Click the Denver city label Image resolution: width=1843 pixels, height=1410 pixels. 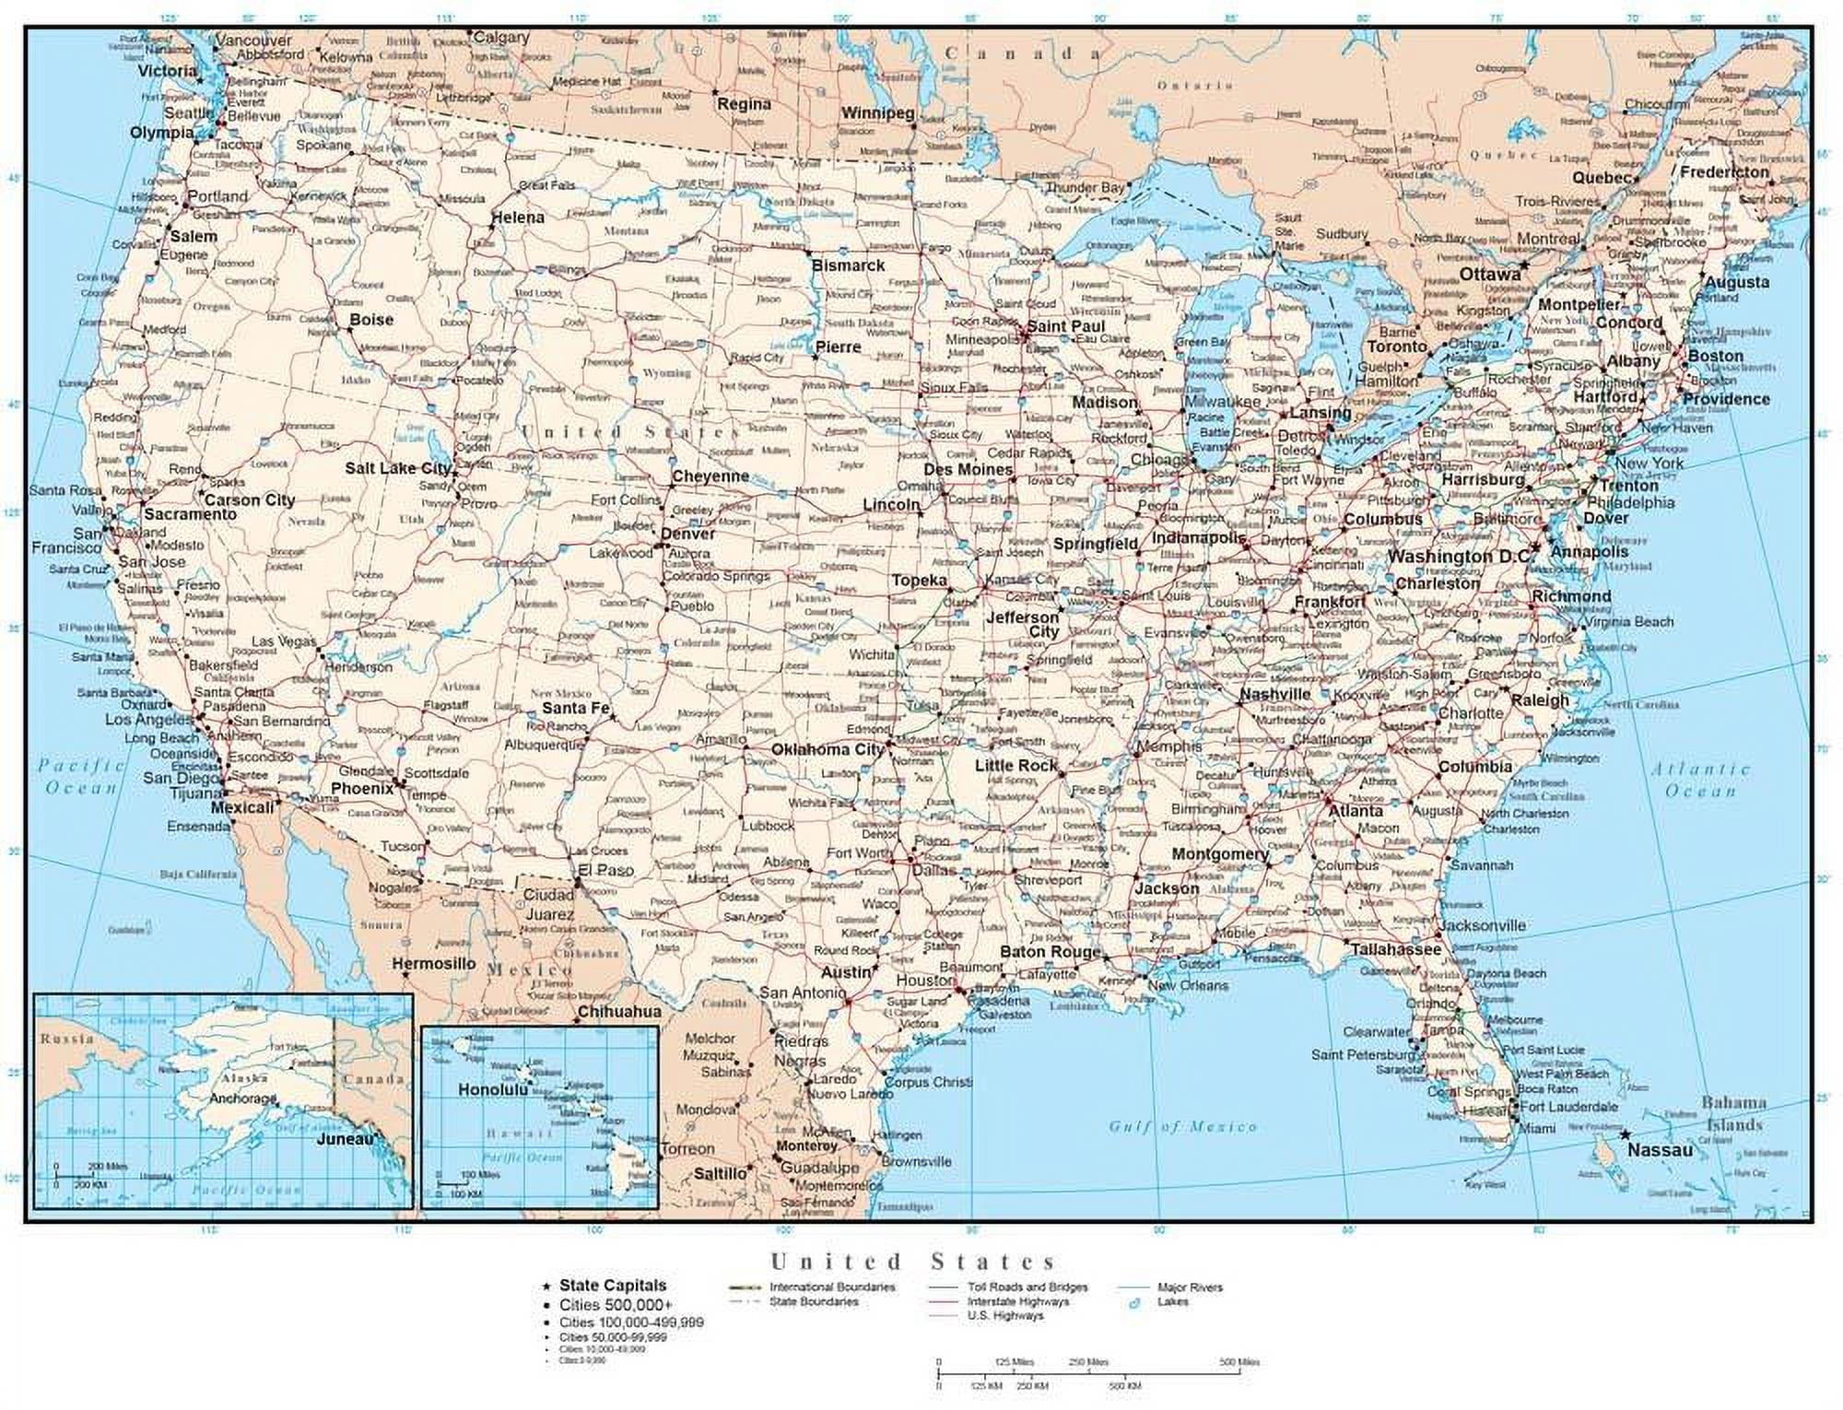pyautogui.click(x=687, y=534)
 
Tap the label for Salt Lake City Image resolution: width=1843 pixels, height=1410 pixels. pyautogui.click(x=397, y=468)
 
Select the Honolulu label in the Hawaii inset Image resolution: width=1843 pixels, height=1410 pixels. pyautogui.click(x=493, y=1089)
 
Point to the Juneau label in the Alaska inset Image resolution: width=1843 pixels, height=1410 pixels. pyautogui.click(x=346, y=1139)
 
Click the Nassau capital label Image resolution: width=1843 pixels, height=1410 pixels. pyautogui.click(x=1660, y=1150)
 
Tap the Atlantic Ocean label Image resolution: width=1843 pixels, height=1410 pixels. pyautogui.click(x=1699, y=780)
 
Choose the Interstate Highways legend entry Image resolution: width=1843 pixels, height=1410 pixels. pyautogui.click(x=1017, y=1301)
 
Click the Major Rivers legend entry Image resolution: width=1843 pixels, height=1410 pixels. pyautogui.click(x=1190, y=1287)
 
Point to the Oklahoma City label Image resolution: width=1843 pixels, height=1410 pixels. pyautogui.click(x=827, y=749)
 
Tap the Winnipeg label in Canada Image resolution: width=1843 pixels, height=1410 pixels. pyautogui.click(x=876, y=113)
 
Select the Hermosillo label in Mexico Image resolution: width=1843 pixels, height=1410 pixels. pyautogui.click(x=433, y=964)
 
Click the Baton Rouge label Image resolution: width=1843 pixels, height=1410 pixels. pyautogui.click(x=1050, y=951)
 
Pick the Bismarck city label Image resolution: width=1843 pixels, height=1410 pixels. pyautogui.click(x=847, y=265)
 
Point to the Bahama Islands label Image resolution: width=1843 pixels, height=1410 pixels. pyautogui.click(x=1732, y=1113)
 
